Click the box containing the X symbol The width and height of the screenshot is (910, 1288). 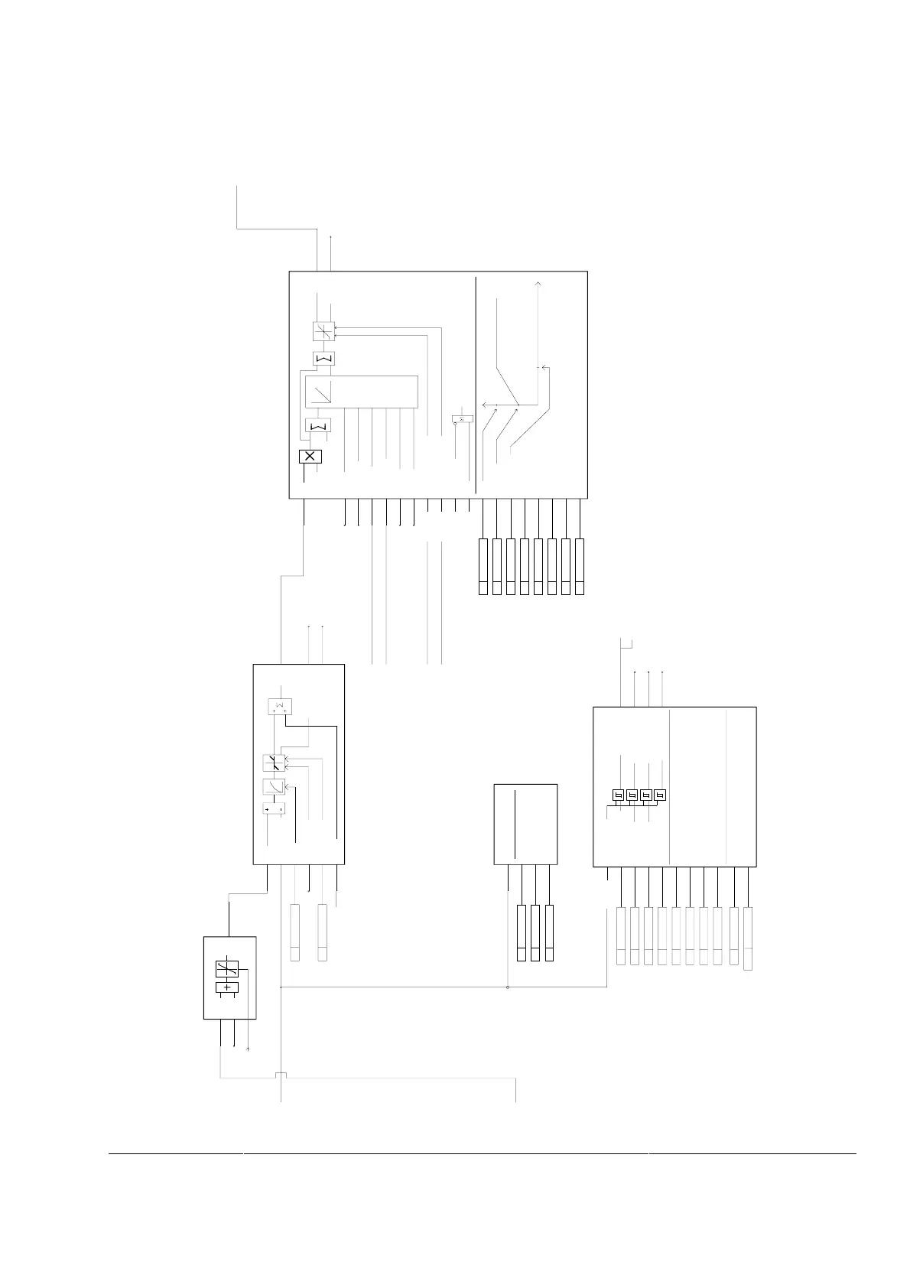point(310,457)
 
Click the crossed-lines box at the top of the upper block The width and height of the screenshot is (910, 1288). point(324,331)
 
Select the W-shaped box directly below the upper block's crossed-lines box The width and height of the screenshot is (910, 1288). point(324,358)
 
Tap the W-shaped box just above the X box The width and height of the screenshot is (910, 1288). point(318,425)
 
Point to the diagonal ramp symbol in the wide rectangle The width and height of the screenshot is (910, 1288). point(322,392)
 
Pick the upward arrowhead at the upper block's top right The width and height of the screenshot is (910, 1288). point(538,284)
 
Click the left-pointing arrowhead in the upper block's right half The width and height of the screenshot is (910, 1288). point(486,405)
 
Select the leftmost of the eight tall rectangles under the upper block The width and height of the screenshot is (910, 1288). point(483,567)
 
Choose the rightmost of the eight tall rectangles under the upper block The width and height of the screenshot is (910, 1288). point(580,567)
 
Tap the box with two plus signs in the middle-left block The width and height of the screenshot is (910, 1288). point(281,707)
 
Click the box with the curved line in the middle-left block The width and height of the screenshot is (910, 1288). point(274,786)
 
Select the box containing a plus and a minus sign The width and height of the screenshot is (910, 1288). point(274,808)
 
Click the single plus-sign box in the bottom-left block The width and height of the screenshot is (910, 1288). point(227,987)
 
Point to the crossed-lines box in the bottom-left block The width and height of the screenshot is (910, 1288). point(227,969)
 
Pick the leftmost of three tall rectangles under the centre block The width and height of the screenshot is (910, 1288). point(522,932)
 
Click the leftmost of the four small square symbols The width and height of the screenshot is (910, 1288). point(618,795)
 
